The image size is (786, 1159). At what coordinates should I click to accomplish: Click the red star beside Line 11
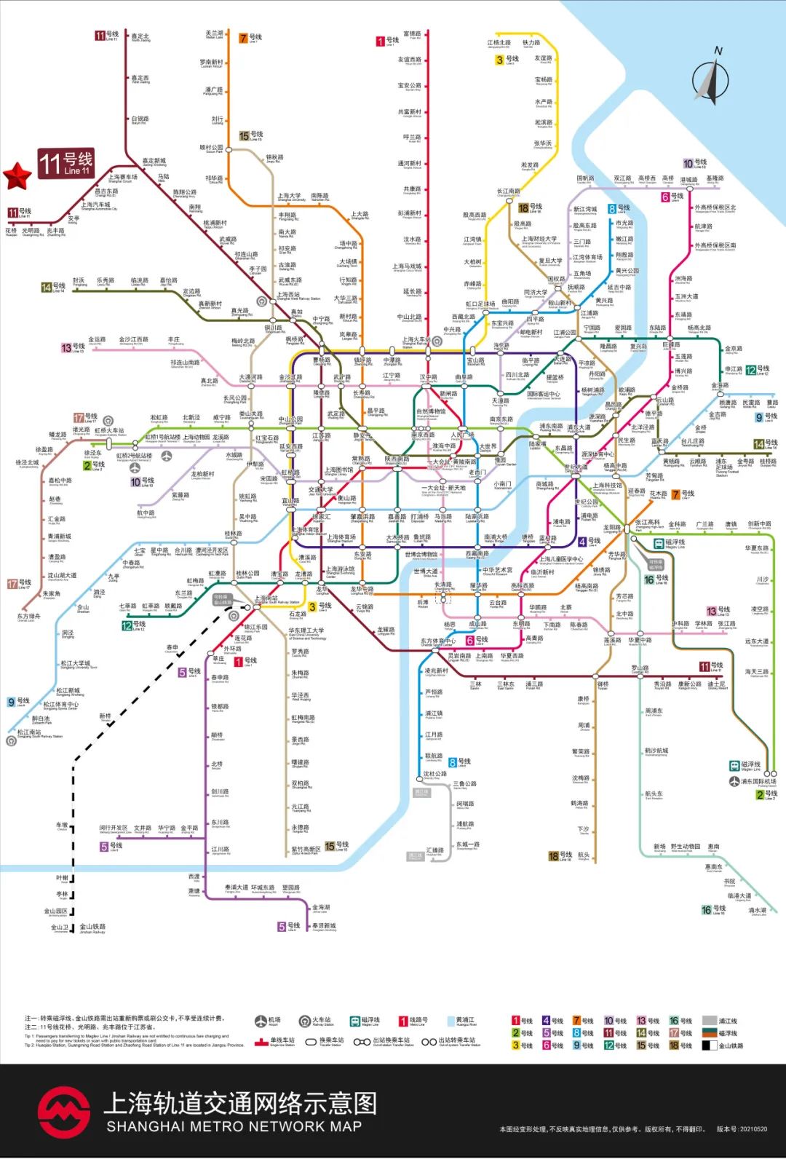(17, 175)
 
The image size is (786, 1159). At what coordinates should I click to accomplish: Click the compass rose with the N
(710, 78)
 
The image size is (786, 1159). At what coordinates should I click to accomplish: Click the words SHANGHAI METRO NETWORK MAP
(234, 1126)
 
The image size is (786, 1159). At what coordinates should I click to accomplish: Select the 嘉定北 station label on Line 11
(140, 37)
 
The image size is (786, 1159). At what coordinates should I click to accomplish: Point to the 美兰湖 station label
(214, 34)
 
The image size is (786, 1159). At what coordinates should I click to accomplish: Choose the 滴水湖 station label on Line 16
(758, 911)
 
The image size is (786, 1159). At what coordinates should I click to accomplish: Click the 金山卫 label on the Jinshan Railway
(60, 928)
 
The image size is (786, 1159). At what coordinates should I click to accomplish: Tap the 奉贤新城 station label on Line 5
(324, 927)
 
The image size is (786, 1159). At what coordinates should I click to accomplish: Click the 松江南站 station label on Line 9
(30, 733)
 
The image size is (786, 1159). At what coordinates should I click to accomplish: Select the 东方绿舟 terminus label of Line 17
(29, 617)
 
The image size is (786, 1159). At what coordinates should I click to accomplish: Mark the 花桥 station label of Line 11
(11, 231)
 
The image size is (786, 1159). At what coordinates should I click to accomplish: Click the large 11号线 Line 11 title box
(66, 163)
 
